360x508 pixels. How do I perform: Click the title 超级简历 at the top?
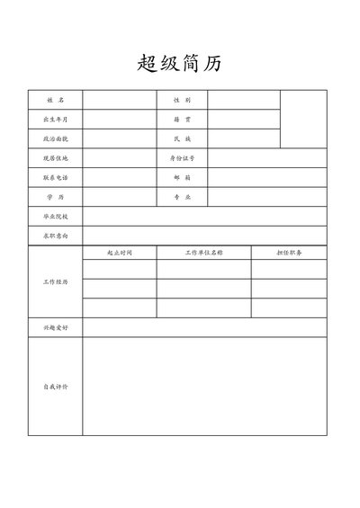pyautogui.click(x=179, y=64)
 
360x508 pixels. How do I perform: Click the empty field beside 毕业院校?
pyautogui.click(x=204, y=217)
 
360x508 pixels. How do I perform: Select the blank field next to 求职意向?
pyautogui.click(x=204, y=236)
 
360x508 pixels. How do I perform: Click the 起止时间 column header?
pyautogui.click(x=120, y=253)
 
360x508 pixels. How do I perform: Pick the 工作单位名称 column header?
pyautogui.click(x=203, y=253)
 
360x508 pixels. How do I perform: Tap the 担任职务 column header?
pyautogui.click(x=289, y=253)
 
